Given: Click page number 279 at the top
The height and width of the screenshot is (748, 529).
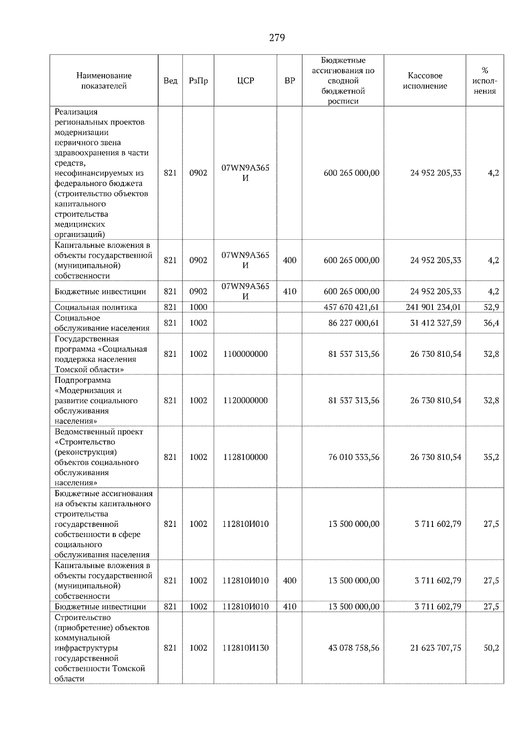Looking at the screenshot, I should point(277,38).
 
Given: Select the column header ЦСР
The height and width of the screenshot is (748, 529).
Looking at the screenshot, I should point(246,81).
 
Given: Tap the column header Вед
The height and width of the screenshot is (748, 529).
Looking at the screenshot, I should point(170,81).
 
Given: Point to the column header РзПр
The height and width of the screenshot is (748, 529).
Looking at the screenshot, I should point(198,81).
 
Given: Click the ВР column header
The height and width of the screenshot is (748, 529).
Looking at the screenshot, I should point(290,81).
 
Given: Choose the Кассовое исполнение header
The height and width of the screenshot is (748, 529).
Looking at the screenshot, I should point(425,81).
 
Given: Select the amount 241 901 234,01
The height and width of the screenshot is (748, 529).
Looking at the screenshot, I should point(433,307).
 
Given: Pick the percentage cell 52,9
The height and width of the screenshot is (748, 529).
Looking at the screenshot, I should point(491,307).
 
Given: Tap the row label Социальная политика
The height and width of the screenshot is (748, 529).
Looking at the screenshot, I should point(96,307).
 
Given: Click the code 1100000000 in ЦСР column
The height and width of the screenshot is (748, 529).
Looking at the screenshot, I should point(246,354).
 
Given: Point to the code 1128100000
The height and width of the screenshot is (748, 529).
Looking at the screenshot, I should point(246,457).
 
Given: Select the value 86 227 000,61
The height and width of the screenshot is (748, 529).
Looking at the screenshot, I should point(354,323).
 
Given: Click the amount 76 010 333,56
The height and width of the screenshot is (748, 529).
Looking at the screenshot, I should point(354,457).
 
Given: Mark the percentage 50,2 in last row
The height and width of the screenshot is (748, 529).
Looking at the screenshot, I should point(491,648).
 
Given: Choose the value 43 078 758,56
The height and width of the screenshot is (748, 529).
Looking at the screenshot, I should point(354,648).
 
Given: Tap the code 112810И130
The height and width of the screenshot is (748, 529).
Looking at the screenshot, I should point(246,648).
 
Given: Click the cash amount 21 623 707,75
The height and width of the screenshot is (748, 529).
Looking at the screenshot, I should point(436,648).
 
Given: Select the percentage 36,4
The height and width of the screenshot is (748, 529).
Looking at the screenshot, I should point(491,323).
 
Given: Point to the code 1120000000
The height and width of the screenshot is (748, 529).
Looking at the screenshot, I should point(246,400).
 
